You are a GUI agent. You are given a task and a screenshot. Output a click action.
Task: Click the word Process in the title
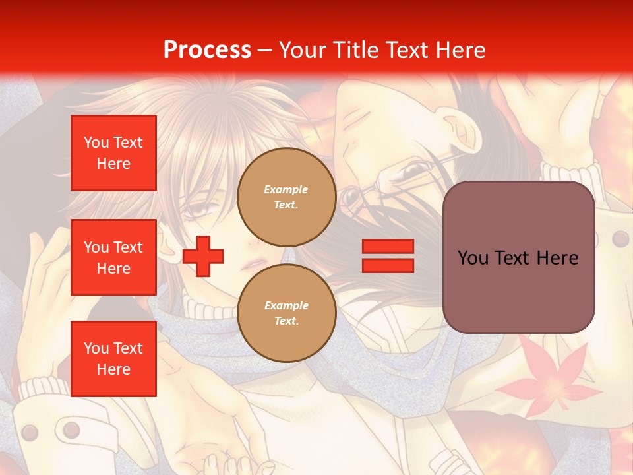207,50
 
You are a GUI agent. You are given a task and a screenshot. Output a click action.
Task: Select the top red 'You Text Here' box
113,153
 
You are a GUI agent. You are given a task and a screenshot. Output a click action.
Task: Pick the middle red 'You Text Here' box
113,257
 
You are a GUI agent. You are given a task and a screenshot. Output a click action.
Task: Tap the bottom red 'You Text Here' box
113,359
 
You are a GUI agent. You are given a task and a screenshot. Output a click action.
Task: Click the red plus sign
203,256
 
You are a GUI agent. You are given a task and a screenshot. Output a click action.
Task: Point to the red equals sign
388,256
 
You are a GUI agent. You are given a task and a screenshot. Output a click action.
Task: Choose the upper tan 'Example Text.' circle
286,197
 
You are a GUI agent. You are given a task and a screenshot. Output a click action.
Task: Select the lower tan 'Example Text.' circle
286,313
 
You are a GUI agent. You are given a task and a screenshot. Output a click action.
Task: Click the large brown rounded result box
518,257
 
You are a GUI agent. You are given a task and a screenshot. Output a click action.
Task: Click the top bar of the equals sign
388,247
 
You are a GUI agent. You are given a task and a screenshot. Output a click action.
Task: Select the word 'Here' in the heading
460,50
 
